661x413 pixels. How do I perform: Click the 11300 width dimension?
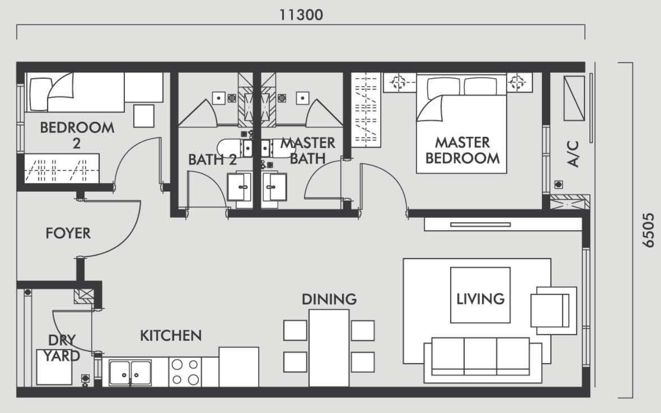301,15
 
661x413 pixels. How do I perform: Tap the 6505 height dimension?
648,230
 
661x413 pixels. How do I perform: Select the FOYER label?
68,233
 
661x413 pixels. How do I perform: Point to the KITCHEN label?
171,335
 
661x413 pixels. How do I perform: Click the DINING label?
330,299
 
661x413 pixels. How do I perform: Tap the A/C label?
573,154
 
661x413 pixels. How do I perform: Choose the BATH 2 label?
212,160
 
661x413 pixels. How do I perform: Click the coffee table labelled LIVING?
480,295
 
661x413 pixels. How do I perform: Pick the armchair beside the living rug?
554,311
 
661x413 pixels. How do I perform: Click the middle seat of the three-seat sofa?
480,356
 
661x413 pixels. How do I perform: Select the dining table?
329,348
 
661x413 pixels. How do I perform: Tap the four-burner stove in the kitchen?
185,372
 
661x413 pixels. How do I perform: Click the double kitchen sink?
130,373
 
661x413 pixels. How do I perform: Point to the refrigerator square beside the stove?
239,367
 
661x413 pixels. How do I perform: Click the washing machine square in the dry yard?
54,367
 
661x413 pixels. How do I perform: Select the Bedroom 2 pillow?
39,94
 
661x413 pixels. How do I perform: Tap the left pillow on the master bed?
443,86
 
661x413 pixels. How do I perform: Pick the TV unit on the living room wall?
503,225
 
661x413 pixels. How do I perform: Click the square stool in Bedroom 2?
144,116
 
